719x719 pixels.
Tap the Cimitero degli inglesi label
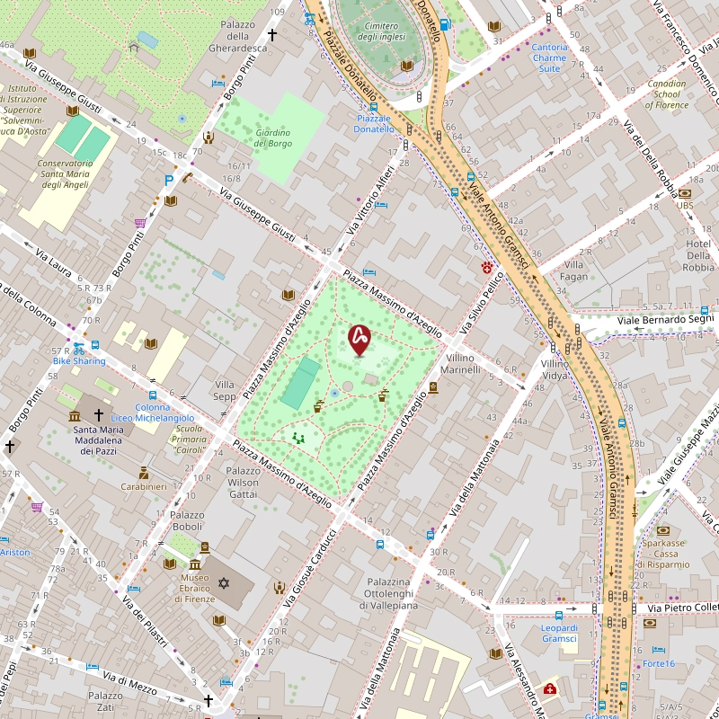(378, 31)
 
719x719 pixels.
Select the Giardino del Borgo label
(273, 138)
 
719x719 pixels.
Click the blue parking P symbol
(169, 180)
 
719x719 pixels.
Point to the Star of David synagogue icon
(224, 584)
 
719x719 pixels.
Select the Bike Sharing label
(79, 361)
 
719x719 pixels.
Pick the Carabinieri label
(144, 486)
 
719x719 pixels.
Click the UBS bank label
(685, 205)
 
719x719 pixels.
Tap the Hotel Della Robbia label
(697, 255)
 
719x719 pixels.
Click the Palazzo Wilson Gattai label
(243, 483)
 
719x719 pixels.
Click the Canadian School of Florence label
(666, 94)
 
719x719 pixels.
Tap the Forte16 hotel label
(659, 663)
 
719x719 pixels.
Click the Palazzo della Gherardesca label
(237, 36)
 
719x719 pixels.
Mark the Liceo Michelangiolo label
(164, 418)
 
